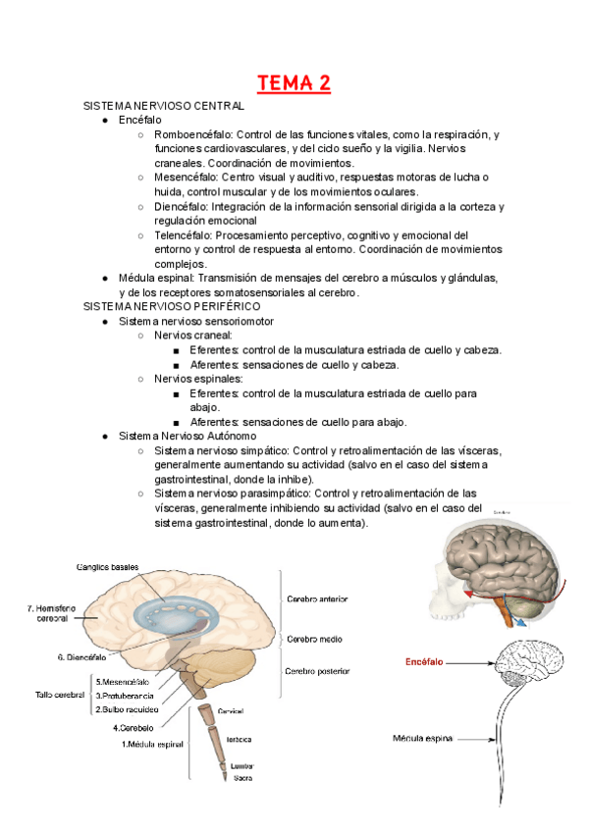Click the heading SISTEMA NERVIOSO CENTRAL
click(164, 105)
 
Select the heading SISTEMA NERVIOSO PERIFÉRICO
click(168, 306)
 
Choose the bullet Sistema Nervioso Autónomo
click(187, 436)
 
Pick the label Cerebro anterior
click(316, 598)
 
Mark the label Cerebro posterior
click(318, 672)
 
